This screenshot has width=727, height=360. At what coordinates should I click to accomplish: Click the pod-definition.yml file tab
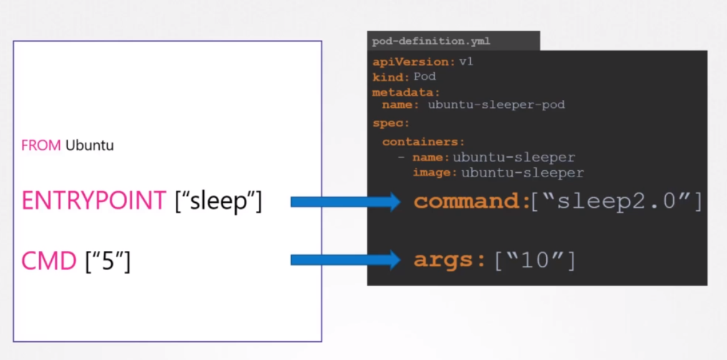(431, 42)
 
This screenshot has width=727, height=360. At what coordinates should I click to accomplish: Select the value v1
(466, 62)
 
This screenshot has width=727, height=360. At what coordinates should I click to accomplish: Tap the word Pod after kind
(425, 77)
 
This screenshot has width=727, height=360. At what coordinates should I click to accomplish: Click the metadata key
(397, 92)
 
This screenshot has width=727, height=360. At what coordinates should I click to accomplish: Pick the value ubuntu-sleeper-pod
(496, 105)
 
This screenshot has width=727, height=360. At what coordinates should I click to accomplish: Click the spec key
(391, 124)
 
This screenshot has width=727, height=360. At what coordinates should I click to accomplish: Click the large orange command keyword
(471, 202)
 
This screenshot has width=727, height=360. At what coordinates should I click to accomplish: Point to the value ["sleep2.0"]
(617, 202)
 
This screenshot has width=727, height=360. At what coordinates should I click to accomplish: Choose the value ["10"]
(534, 260)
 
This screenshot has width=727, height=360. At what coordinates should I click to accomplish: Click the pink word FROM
(41, 146)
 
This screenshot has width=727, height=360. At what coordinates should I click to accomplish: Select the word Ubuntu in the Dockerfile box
(90, 146)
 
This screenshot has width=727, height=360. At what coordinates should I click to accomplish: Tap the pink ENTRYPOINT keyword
(94, 201)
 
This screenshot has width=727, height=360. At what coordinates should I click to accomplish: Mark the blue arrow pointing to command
(345, 202)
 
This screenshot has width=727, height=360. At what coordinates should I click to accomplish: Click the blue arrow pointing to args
(345, 260)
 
